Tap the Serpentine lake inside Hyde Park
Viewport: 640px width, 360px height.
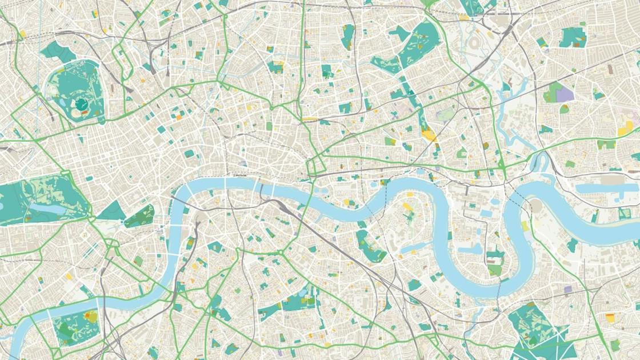click(x=43, y=208)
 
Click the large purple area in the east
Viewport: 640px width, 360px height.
click(x=565, y=94)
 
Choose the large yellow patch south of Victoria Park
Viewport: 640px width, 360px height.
click(x=429, y=135)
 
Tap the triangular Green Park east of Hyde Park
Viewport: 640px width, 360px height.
click(x=111, y=211)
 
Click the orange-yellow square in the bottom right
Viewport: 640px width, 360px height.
click(x=610, y=318)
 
